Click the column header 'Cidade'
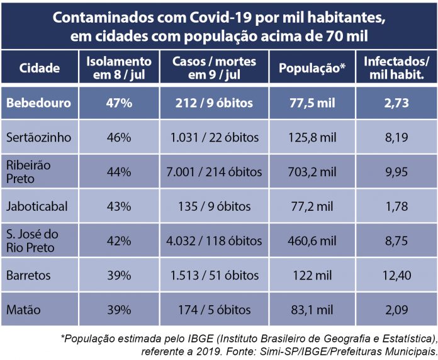click(40, 69)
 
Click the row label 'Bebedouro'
click(38, 103)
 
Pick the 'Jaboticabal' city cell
click(36, 206)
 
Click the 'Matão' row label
click(24, 310)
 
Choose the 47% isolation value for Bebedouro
click(118, 103)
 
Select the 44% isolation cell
click(118, 172)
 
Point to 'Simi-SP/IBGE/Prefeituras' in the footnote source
click(317, 351)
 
